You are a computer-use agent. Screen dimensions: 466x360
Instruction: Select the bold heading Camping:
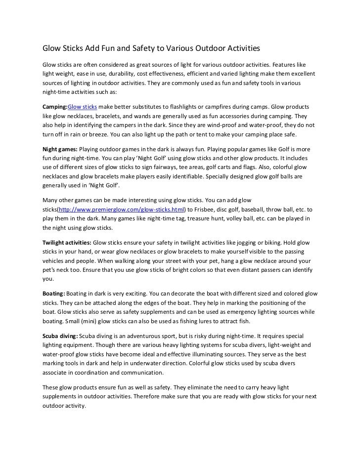tap(54, 107)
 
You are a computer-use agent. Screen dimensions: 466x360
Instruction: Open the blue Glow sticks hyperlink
tap(82, 107)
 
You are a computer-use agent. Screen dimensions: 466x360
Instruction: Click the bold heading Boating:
tap(53, 294)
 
